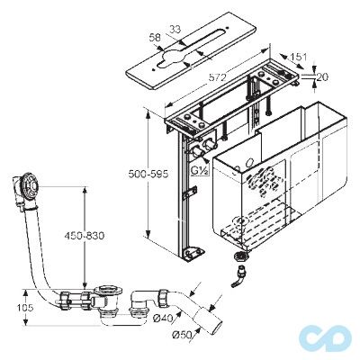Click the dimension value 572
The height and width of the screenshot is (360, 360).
(x=217, y=77)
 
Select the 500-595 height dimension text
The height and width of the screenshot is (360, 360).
(x=148, y=174)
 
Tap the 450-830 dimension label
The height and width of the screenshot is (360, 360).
(x=85, y=236)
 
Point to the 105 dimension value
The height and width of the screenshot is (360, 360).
(x=25, y=308)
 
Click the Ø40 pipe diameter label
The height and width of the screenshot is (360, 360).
(x=163, y=319)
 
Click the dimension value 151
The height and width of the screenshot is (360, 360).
(x=299, y=57)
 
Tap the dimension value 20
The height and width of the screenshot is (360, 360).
(x=322, y=77)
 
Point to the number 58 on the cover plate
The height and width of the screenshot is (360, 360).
(x=155, y=38)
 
